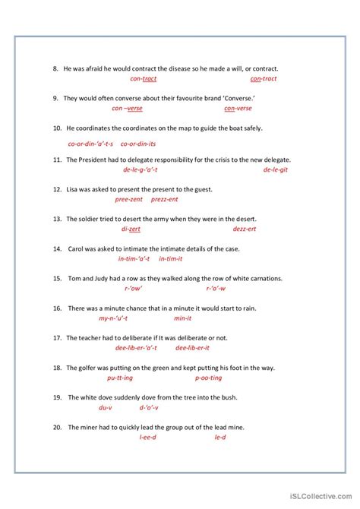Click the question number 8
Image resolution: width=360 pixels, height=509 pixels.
(x=56, y=69)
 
